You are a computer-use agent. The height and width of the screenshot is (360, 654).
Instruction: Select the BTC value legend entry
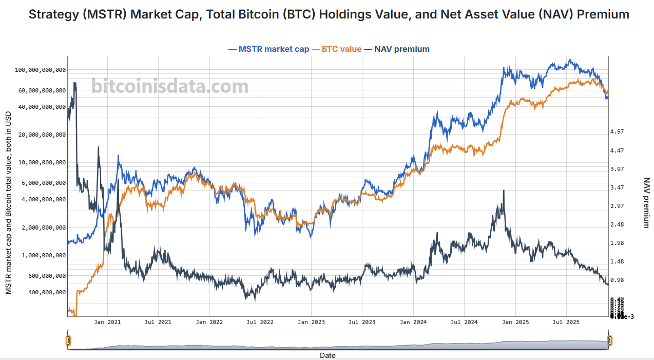pos(340,49)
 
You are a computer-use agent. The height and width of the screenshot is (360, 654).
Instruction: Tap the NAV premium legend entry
pos(401,49)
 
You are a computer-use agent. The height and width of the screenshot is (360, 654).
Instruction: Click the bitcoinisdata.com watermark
pos(170,86)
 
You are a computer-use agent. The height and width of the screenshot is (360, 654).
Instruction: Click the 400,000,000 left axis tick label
pos(46,292)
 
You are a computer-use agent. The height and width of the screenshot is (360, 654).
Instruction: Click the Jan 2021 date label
pos(107,323)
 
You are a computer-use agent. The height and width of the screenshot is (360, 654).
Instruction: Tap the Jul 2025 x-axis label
pos(566,323)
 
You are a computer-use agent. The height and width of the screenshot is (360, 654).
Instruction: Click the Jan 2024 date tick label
pos(413,323)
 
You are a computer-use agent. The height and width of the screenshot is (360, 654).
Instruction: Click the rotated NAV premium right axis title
pos(646,203)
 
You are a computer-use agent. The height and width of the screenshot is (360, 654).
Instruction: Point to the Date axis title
pos(328,355)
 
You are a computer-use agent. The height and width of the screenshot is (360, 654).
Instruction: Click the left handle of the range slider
pos(68,340)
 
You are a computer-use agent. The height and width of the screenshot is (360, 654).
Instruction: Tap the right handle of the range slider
pos(610,340)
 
